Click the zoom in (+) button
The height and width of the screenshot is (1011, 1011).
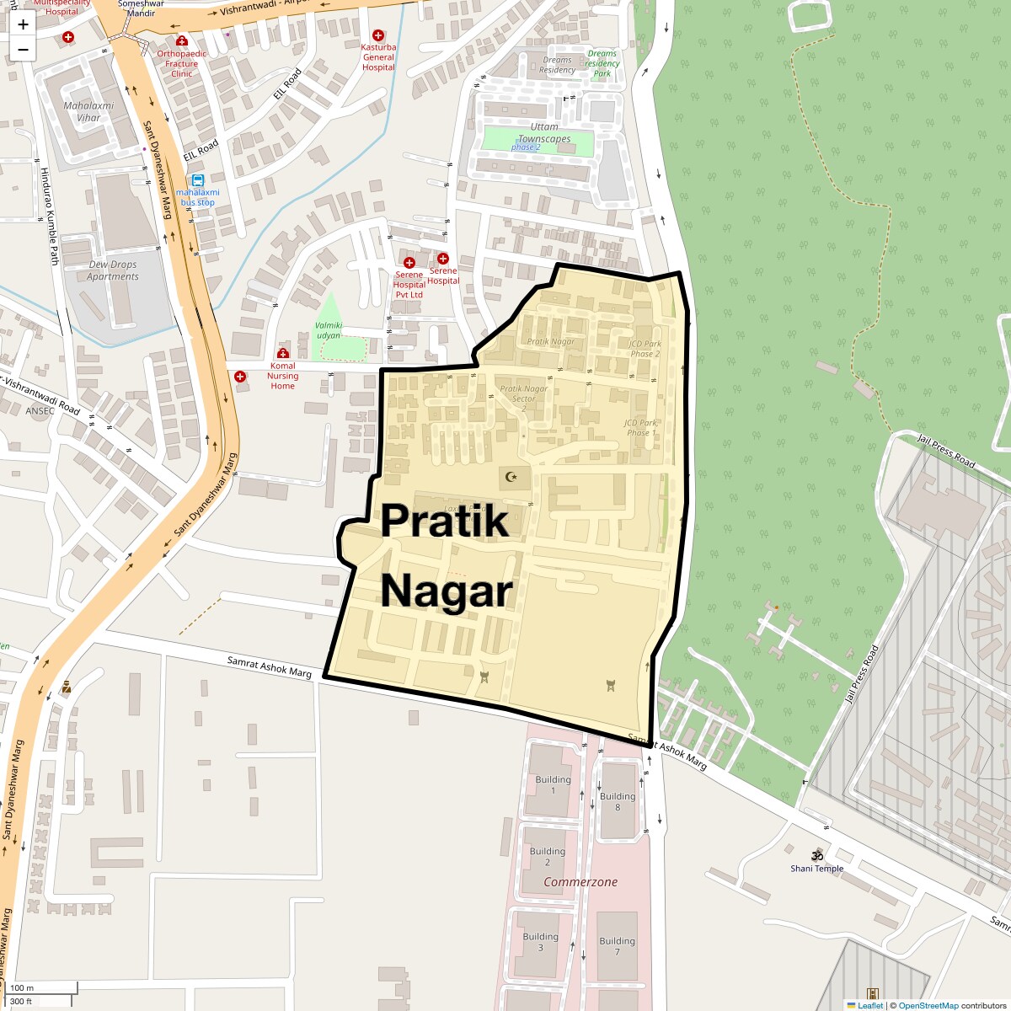[x=23, y=24]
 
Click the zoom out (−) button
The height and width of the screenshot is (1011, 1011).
[x=23, y=50]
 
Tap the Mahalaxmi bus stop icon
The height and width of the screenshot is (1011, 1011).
[x=198, y=180]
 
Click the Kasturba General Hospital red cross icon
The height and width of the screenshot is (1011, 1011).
[x=378, y=36]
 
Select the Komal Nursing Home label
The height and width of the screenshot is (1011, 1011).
[x=282, y=376]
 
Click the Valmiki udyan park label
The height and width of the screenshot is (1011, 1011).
[x=329, y=330]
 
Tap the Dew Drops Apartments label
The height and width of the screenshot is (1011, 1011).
[x=113, y=270]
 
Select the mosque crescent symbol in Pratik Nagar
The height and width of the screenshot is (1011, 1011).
[x=511, y=477]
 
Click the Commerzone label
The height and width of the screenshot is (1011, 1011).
[x=580, y=882]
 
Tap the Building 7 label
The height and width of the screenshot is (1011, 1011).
[x=617, y=946]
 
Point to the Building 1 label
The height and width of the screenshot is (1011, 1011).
[x=553, y=785]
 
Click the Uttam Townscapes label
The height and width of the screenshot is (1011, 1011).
[x=544, y=133]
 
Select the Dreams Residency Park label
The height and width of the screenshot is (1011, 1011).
[x=602, y=63]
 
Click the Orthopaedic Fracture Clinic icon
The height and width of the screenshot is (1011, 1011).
[x=181, y=41]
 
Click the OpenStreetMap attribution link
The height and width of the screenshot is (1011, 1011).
[x=928, y=1005]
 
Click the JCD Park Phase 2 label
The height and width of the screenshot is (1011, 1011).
[x=645, y=349]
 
